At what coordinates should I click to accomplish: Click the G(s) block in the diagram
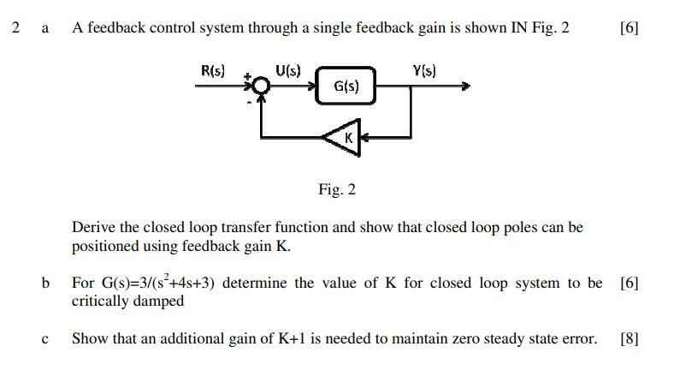tap(346, 87)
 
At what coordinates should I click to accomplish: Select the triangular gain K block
tap(344, 137)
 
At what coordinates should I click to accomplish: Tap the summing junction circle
tap(261, 86)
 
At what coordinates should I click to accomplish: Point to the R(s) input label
tap(213, 71)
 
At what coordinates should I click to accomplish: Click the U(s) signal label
tap(288, 71)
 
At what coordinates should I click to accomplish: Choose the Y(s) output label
tap(424, 71)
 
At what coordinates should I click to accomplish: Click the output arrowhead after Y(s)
tap(464, 86)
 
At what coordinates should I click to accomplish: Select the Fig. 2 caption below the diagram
tap(336, 189)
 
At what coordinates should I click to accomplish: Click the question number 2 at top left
tap(15, 27)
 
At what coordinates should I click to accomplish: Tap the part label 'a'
tap(45, 28)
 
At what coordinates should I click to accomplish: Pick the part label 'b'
tap(45, 283)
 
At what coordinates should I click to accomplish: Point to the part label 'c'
tap(45, 339)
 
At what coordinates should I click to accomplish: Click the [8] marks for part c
tap(629, 338)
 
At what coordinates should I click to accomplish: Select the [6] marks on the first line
tap(629, 27)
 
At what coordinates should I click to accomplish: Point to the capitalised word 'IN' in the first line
tap(519, 27)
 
